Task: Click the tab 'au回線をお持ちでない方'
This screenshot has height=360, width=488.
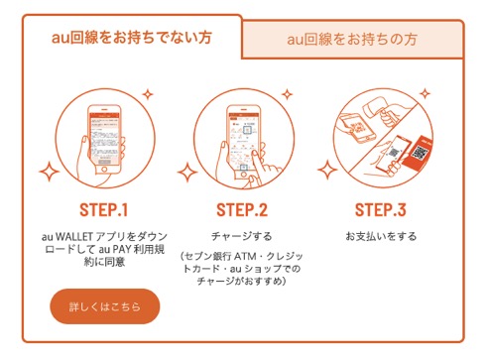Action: point(132,37)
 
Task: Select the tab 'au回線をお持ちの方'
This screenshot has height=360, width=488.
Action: point(352,40)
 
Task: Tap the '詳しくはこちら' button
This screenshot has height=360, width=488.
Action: point(105,306)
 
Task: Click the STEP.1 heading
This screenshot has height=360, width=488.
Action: point(103,210)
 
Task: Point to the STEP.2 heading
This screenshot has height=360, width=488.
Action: point(242,210)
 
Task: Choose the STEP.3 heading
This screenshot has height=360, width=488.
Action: point(381,210)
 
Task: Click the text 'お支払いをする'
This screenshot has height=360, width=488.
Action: point(381,236)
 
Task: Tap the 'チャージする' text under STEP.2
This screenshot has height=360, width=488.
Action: point(242,236)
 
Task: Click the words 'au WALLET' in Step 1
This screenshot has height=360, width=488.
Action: point(67,237)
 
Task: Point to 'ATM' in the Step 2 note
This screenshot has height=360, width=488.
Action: point(245,256)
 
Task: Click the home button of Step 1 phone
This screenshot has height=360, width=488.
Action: point(104,170)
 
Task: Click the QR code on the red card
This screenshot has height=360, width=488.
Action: point(420,153)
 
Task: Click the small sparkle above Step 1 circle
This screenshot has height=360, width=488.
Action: point(148,94)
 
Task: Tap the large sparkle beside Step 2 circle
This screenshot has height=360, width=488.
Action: point(187,172)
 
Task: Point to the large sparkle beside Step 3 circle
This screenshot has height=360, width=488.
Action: point(327,170)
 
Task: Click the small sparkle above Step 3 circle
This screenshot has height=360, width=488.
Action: point(425,93)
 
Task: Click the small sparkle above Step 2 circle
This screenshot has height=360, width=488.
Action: point(287,94)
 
